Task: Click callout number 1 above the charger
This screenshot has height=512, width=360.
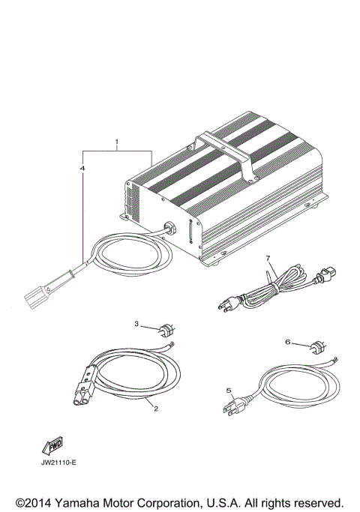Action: [117, 141]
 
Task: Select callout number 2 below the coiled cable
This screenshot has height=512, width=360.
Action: [155, 409]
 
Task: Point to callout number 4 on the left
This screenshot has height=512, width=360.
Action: [82, 169]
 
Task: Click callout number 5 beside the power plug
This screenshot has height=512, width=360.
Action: [229, 390]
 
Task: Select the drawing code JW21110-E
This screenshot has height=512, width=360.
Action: [58, 462]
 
